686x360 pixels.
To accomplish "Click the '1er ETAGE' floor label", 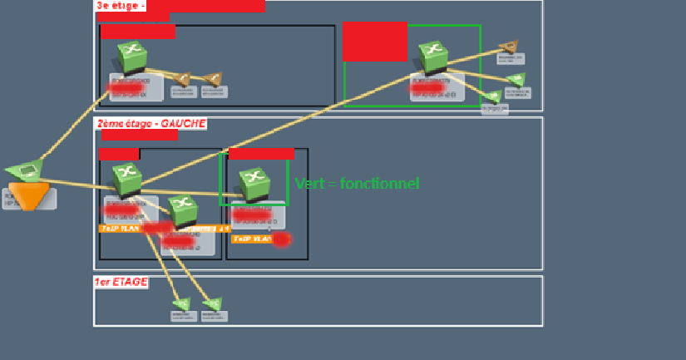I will (121, 282).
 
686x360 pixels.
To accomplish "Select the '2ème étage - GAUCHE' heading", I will (151, 123).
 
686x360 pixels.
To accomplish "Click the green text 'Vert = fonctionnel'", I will (357, 184).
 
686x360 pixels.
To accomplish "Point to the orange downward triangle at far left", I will (29, 195).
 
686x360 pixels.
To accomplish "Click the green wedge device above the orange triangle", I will (26, 170).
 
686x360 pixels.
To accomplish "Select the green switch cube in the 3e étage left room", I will (131, 57).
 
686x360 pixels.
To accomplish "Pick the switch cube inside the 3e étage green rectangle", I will (432, 56).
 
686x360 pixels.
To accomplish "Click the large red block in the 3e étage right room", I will (374, 41).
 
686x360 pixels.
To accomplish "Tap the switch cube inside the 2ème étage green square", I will (252, 182).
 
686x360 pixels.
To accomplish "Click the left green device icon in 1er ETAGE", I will (181, 304).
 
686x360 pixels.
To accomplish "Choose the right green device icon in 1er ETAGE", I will (212, 304).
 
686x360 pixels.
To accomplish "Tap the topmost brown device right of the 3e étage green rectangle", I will (509, 47).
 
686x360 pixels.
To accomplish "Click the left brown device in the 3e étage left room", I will (183, 79).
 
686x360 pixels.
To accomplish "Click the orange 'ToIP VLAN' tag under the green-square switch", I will (252, 239).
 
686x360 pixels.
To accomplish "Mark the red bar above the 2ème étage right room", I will (261, 153).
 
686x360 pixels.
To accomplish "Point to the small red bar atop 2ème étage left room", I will (119, 154).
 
